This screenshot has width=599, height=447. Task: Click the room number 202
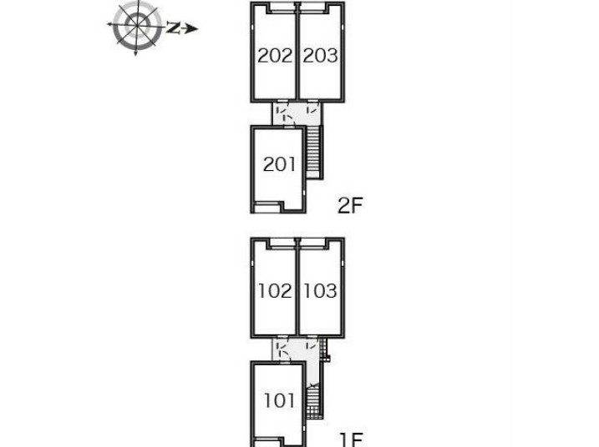(275, 56)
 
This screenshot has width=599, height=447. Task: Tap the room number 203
(321, 56)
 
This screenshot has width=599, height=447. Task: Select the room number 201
(279, 165)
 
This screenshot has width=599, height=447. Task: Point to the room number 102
(275, 291)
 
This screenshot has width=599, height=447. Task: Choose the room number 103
(320, 291)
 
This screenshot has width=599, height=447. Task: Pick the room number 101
(280, 401)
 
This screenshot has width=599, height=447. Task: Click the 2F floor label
(350, 206)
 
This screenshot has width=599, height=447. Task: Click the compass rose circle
(137, 26)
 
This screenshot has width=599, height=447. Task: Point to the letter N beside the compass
(173, 28)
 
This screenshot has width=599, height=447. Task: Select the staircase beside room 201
(313, 152)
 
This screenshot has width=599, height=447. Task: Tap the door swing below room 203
(312, 108)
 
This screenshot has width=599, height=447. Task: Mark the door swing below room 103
(312, 344)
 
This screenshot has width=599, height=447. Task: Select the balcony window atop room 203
(313, 8)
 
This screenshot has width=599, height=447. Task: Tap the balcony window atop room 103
(313, 244)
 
